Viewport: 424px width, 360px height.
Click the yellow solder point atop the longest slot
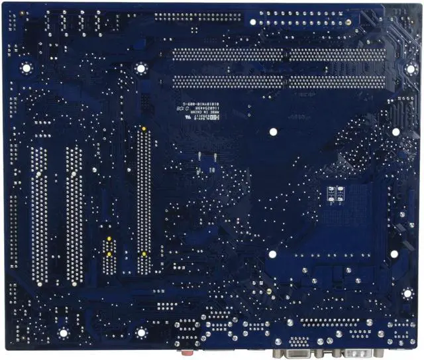click(x=143, y=127)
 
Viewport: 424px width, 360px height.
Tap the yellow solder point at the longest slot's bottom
click(x=143, y=253)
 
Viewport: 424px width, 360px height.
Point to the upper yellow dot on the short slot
click(x=108, y=238)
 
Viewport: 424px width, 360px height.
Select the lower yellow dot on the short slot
click(x=108, y=253)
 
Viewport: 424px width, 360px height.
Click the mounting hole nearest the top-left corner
click(x=26, y=67)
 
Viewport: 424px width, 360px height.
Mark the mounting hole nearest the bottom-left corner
click(x=64, y=333)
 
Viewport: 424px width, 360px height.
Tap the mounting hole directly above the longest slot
click(x=140, y=68)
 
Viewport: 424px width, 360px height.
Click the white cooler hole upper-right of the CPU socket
click(x=396, y=132)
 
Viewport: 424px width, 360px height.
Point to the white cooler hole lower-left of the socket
click(x=272, y=253)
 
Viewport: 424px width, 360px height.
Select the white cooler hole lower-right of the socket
click(x=394, y=253)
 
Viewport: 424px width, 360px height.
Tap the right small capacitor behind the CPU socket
click(x=340, y=193)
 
